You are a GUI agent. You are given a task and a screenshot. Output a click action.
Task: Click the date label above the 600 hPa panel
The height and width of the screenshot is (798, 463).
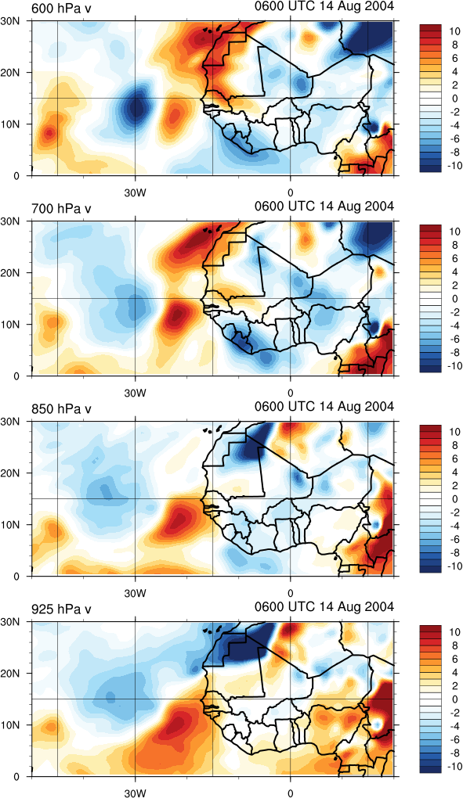pyautogui.click(x=324, y=6)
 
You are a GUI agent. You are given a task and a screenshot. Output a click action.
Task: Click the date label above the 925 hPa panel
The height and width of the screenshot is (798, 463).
pyautogui.click(x=324, y=606)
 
